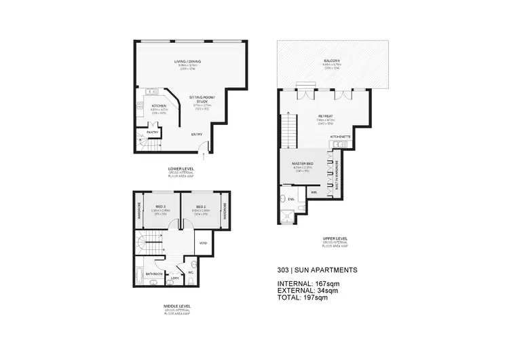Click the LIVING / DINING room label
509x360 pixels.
pyautogui.click(x=184, y=62)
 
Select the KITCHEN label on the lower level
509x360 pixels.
pyautogui.click(x=159, y=106)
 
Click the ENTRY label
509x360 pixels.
pyautogui.click(x=197, y=134)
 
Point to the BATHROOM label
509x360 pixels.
pyautogui.click(x=154, y=274)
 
